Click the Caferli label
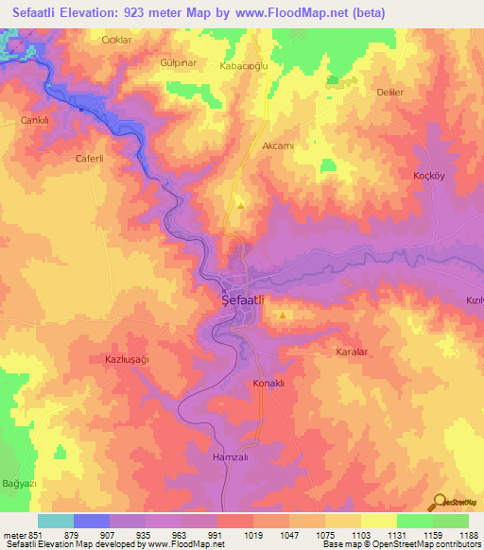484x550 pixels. pyautogui.click(x=94, y=159)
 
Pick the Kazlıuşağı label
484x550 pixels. pyautogui.click(x=128, y=360)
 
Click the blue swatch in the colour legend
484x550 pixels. pyautogui.click(x=92, y=521)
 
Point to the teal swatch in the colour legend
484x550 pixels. pyautogui.click(x=56, y=521)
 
